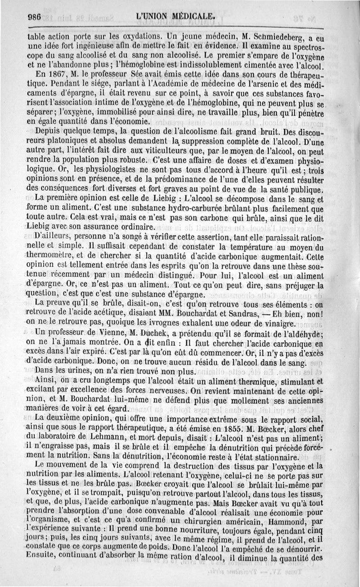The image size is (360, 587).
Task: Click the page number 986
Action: (x=34, y=16)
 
